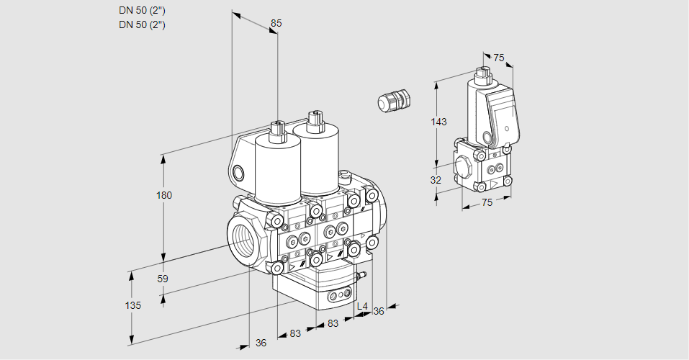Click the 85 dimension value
click(x=276, y=23)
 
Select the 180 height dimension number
click(x=166, y=195)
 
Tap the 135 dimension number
click(x=132, y=305)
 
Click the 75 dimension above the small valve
click(x=498, y=58)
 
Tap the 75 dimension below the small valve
click(x=487, y=203)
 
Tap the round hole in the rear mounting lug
click(x=238, y=172)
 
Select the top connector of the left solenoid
click(x=277, y=131)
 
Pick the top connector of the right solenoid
click(x=313, y=121)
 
